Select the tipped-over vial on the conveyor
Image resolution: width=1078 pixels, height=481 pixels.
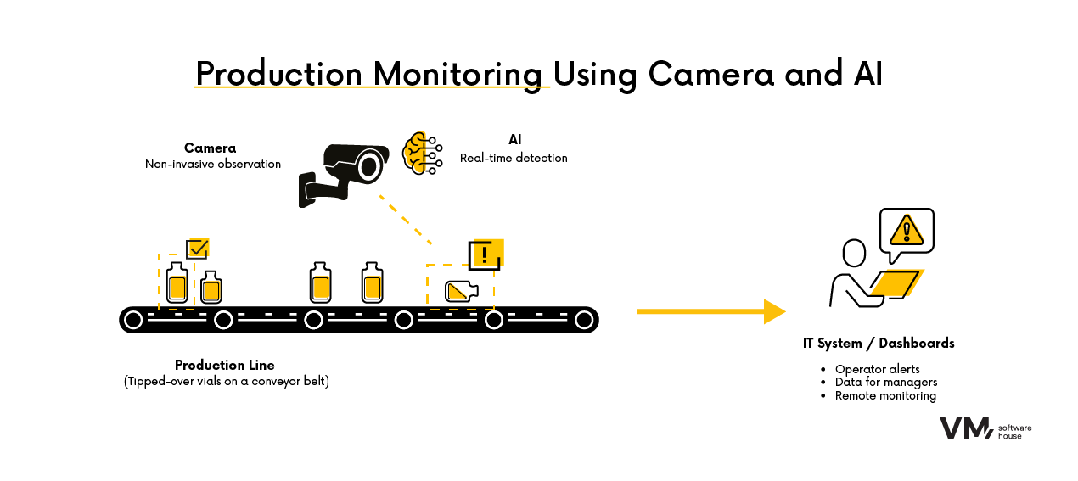461,291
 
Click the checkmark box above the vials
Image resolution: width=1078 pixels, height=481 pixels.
198,249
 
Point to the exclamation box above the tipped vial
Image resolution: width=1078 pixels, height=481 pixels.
486,254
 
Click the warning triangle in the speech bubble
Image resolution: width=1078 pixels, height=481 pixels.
907,229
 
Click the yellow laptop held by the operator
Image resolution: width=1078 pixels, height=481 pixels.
898,283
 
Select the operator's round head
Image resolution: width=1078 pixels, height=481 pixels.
854,252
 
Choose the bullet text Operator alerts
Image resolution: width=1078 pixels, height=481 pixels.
877,369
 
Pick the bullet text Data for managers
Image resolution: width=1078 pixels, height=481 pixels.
885,383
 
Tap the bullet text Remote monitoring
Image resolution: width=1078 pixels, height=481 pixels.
885,396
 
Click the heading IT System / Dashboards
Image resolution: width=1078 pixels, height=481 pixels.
879,344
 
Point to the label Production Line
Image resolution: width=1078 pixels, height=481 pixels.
225,365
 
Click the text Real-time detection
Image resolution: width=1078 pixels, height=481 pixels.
514,158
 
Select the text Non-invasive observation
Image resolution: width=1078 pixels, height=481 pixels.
213,164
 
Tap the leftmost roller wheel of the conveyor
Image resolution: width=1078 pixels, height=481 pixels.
133,320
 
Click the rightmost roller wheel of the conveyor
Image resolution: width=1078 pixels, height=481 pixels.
583,320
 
